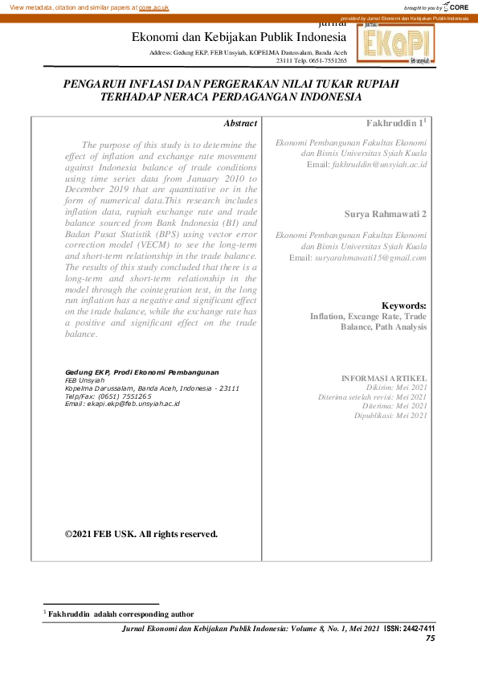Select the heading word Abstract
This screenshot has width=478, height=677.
point(240,124)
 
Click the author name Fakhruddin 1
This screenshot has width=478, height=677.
point(394,124)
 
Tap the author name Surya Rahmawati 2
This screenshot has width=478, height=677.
point(386,214)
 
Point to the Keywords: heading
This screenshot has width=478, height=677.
point(404,306)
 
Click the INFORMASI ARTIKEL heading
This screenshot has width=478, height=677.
point(384,378)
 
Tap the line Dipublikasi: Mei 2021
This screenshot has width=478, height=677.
point(390,416)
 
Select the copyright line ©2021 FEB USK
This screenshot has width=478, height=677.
point(141,533)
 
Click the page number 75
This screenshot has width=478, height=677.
point(430,638)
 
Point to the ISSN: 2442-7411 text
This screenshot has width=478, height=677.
point(410,627)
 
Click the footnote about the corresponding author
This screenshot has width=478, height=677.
point(121,613)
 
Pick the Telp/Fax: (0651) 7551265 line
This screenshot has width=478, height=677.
point(108,396)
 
